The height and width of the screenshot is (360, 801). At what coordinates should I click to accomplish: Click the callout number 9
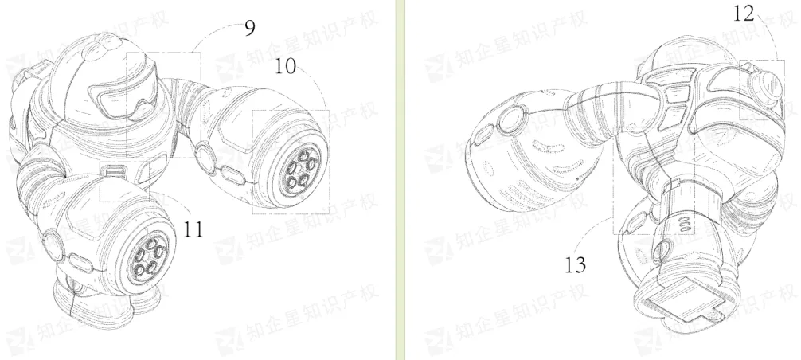coord(248,28)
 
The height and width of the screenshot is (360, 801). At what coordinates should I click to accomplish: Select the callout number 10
coord(286,66)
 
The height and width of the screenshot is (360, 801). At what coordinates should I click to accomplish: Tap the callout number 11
coord(193,229)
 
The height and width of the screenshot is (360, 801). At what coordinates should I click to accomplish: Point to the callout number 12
coord(744,14)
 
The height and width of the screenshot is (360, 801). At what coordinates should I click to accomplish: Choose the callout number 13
coord(575,265)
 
